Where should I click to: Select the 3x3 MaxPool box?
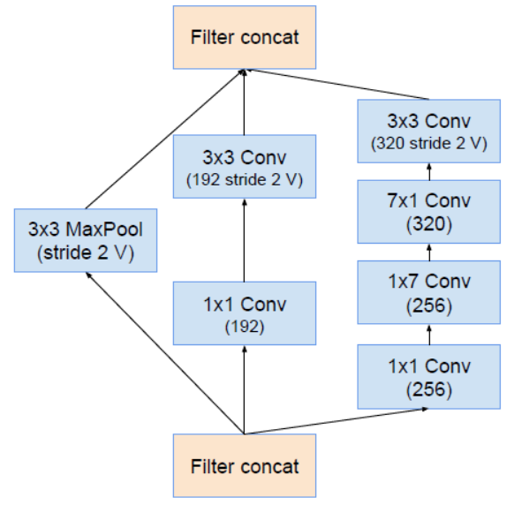tap(85, 238)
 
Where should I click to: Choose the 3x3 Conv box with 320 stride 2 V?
tap(430, 131)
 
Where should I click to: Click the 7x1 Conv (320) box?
tap(430, 212)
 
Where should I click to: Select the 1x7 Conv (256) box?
tap(430, 292)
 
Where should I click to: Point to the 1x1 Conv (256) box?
tap(430, 375)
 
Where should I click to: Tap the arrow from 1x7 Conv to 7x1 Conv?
tap(430, 253)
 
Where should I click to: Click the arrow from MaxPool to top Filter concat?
tap(163, 141)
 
